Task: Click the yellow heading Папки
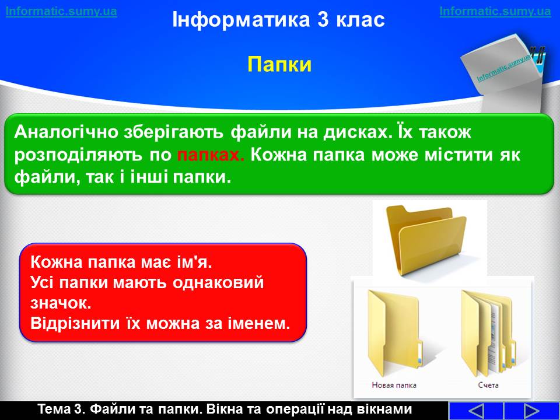pos(279,65)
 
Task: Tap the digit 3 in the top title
pos(323,19)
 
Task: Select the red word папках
pos(211,155)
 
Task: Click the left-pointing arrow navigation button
pos(475,411)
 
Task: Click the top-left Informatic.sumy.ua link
pos(61,12)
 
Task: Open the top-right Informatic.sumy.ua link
pos(495,12)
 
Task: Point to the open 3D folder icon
pos(426,239)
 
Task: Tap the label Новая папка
pos(394,385)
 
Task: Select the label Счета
pos(488,385)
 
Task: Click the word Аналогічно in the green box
pos(66,132)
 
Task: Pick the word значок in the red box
pos(60,303)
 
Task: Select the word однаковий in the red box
pos(218,283)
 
